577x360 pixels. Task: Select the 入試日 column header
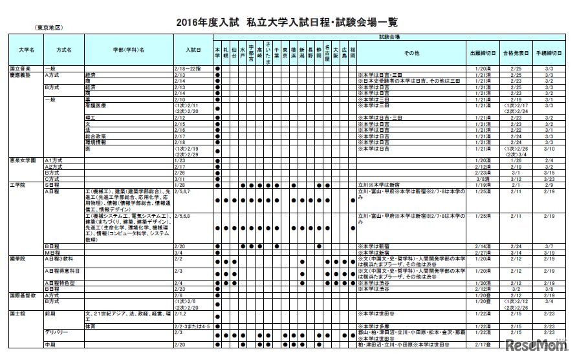[x=193, y=49]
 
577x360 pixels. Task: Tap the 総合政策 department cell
[x=96, y=136]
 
